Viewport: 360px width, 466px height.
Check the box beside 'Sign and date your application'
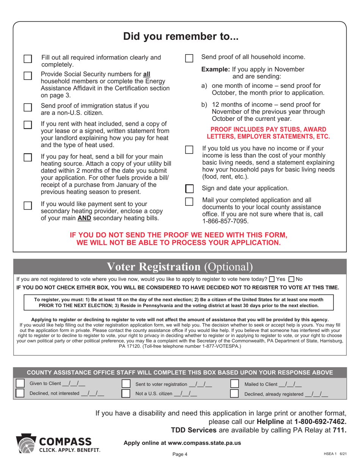pyautogui.click(x=189, y=189)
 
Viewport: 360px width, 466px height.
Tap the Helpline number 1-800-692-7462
pyautogui.click(x=320, y=421)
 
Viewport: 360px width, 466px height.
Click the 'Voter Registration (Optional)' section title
pyautogui.click(x=180, y=267)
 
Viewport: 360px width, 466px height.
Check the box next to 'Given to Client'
pyautogui.click(x=20, y=384)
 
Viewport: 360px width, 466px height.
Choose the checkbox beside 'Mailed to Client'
pyautogui.click(x=235, y=384)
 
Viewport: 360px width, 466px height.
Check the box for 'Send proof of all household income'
pyautogui.click(x=189, y=58)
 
